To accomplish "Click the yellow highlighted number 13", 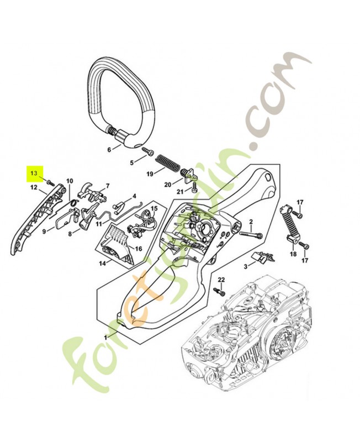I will (x=34, y=173).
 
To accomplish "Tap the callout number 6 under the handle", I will (x=109, y=149).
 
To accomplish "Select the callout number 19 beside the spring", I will (x=150, y=174).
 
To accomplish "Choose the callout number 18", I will (x=293, y=254).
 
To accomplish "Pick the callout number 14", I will (x=102, y=264).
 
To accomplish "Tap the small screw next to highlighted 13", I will (x=50, y=182).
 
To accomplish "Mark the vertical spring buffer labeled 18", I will (x=292, y=227).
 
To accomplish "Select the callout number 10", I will (x=70, y=181).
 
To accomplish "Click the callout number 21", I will (x=179, y=191).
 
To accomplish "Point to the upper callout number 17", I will (x=300, y=202).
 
